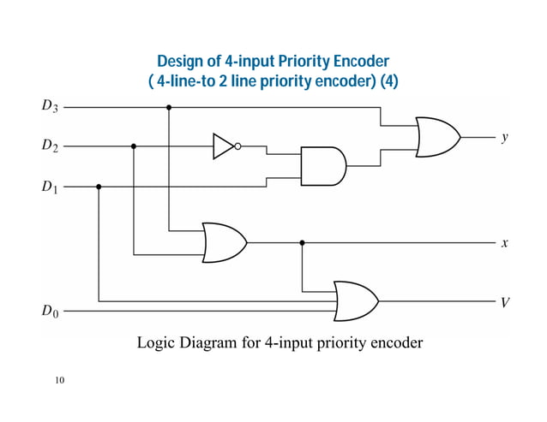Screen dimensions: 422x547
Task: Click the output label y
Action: pyautogui.click(x=505, y=135)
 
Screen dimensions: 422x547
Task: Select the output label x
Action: pyautogui.click(x=505, y=243)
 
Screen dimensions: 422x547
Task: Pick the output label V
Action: pyautogui.click(x=505, y=301)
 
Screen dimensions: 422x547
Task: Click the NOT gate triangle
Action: pyautogui.click(x=223, y=146)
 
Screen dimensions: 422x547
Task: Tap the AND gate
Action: pyautogui.click(x=322, y=166)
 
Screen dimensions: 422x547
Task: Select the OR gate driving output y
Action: pyautogui.click(x=436, y=136)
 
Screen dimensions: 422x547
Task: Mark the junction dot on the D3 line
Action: pyautogui.click(x=169, y=107)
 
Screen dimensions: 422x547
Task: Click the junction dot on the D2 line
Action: pyautogui.click(x=134, y=146)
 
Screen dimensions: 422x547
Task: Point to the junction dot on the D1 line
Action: pyautogui.click(x=99, y=186)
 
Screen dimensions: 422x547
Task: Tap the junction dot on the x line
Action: pyautogui.click(x=302, y=243)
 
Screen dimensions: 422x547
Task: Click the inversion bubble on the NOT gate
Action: pyautogui.click(x=237, y=146)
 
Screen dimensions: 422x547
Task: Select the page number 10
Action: pyautogui.click(x=58, y=379)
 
